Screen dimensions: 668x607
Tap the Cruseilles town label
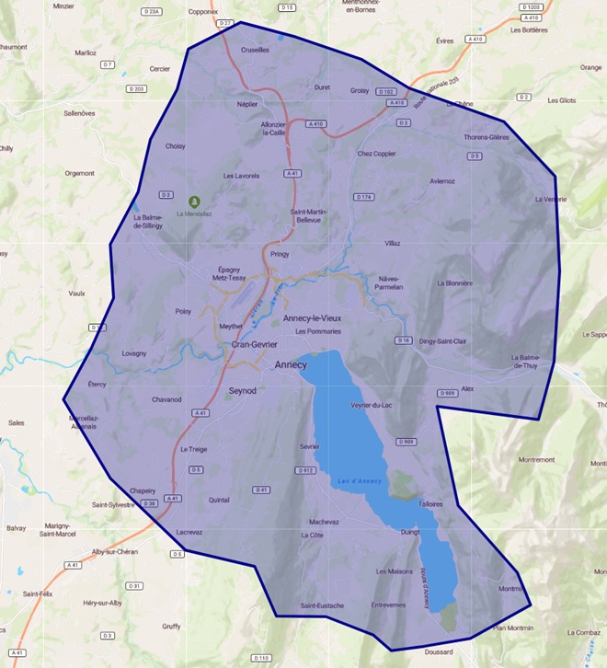255,50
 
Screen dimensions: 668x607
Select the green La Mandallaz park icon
193,201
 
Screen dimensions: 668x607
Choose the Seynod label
242,390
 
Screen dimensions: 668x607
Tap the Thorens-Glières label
486,137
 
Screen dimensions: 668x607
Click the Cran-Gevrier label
254,344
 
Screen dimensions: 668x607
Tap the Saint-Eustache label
322,605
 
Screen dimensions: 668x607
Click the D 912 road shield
306,470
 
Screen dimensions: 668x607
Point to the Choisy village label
175,145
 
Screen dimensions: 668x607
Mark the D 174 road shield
363,197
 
